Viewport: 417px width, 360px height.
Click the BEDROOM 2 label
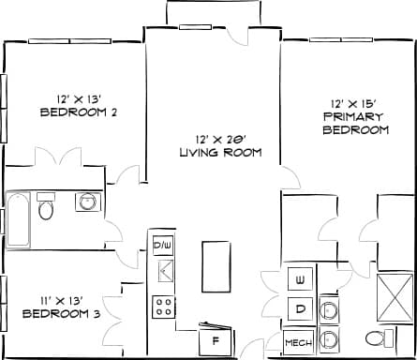[x=78, y=112]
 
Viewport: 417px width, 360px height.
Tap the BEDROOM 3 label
[x=61, y=313]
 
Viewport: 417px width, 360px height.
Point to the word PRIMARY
[x=355, y=116]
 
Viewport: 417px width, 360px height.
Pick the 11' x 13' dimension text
[x=61, y=299]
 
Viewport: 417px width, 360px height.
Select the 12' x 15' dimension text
[x=355, y=103]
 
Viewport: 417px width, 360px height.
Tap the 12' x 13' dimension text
[x=78, y=98]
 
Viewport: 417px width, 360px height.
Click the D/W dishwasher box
[x=163, y=246]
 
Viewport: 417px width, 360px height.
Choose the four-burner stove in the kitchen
[x=164, y=306]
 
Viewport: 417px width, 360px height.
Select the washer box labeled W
[x=301, y=280]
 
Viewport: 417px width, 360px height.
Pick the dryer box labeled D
[x=301, y=308]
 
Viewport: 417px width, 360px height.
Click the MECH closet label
[x=299, y=343]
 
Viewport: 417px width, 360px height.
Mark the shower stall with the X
[x=395, y=295]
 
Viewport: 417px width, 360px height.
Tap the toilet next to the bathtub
[x=46, y=207]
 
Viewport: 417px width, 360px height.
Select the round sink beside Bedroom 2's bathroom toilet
[x=89, y=202]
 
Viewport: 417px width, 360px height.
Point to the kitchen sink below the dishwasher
[x=164, y=274]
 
